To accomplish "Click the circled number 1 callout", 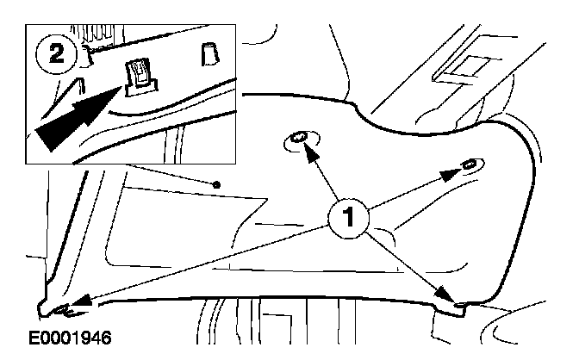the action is click(349, 218).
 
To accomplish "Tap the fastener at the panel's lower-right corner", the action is click(459, 303).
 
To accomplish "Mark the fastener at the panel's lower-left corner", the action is click(59, 306).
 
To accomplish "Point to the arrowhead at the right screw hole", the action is click(448, 175).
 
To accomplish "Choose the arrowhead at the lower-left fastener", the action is click(80, 301).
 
